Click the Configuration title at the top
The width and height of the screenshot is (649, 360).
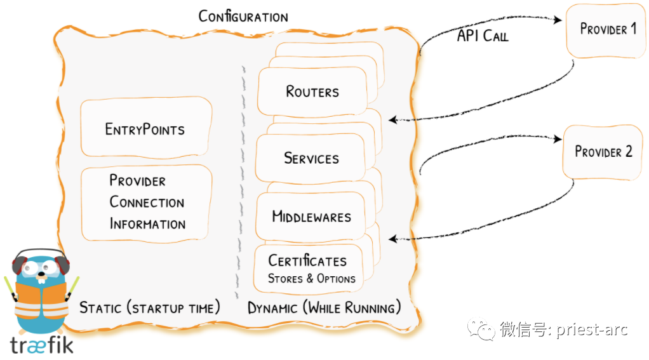243,16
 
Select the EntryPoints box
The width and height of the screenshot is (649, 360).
146,128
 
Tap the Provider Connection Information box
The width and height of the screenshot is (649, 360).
146,203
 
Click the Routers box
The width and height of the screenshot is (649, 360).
312,91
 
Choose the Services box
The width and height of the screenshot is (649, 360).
311,158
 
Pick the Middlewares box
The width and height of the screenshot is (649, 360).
311,217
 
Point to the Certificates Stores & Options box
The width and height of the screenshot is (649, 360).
309,269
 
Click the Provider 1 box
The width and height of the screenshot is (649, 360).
606,30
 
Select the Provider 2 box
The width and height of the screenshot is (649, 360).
603,152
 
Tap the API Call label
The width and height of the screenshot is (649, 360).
483,36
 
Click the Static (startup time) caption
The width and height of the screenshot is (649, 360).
149,308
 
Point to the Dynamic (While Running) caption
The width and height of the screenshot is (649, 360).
324,308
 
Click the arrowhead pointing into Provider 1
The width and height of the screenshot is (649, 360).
558,20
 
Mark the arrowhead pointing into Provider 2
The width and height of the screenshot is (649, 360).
558,139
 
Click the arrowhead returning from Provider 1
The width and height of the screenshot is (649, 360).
393,120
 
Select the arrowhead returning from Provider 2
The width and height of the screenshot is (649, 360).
393,239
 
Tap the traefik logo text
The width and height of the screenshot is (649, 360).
42,345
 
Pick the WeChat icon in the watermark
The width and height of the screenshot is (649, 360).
481,329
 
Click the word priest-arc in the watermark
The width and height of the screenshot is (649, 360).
592,330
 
